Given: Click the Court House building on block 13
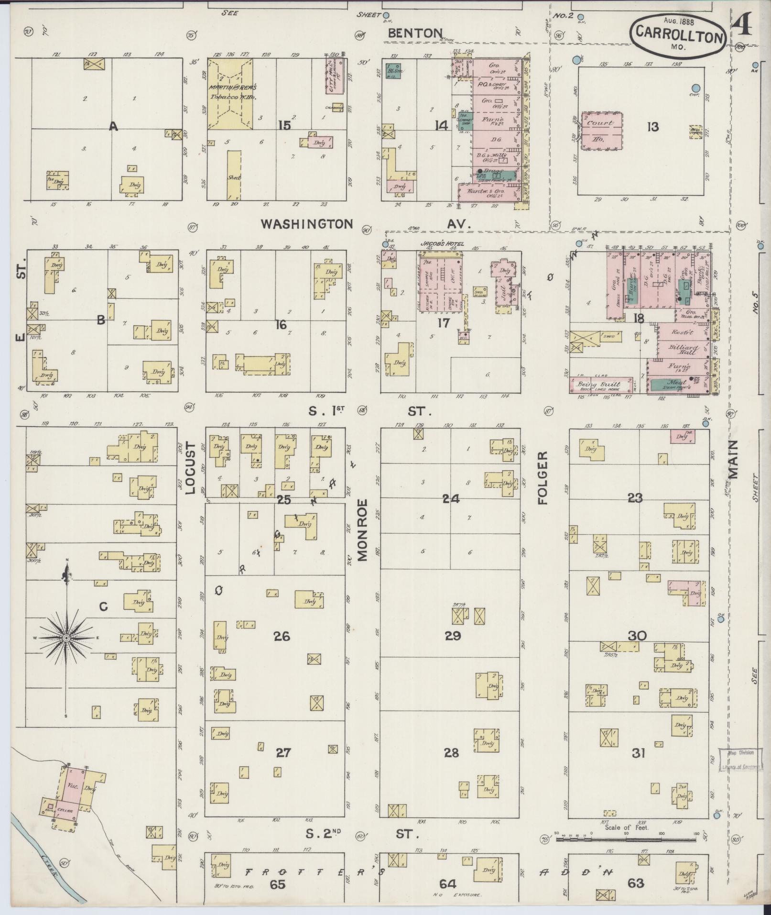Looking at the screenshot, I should click(x=602, y=130).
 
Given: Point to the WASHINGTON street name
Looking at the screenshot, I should click(x=307, y=224).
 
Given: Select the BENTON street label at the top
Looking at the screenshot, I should click(x=415, y=33).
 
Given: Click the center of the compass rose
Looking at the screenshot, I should click(x=66, y=638).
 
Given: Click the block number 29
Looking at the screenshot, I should click(x=452, y=636).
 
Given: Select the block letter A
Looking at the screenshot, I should click(x=113, y=126).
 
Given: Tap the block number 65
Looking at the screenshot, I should click(x=277, y=884).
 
